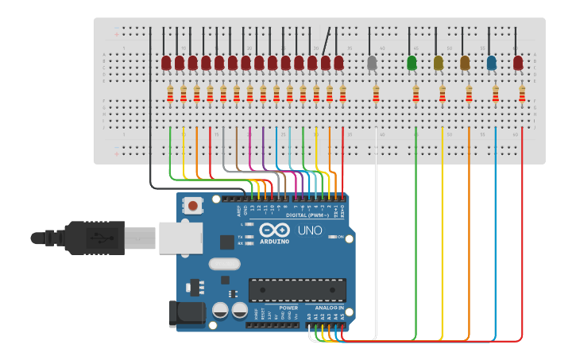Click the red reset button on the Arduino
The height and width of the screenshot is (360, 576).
192,206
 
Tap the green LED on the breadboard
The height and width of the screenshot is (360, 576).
412,62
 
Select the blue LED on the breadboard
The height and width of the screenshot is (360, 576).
492,62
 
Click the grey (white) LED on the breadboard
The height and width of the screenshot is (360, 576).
372,62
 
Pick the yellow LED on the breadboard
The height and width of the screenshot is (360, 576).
439,62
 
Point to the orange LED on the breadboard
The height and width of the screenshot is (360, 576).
465,62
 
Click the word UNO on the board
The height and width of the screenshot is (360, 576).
310,230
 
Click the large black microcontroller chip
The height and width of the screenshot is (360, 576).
297,290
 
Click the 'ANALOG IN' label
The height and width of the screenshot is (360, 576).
330,308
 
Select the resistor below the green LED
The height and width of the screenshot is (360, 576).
416,95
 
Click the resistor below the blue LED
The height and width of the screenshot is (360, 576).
496,95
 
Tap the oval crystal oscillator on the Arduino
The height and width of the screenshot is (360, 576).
224,264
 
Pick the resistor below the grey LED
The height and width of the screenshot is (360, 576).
377,95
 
